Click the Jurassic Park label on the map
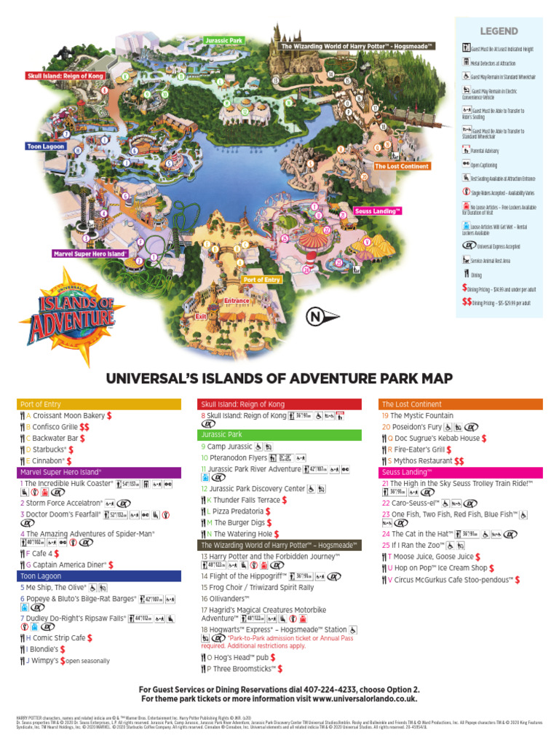(x=223, y=40)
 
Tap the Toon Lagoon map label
(x=46, y=146)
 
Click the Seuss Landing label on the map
(x=378, y=211)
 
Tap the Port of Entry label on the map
(x=262, y=280)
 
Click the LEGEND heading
(x=499, y=31)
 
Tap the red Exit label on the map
(x=202, y=317)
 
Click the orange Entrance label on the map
(x=237, y=300)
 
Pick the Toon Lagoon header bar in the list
(x=99, y=576)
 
